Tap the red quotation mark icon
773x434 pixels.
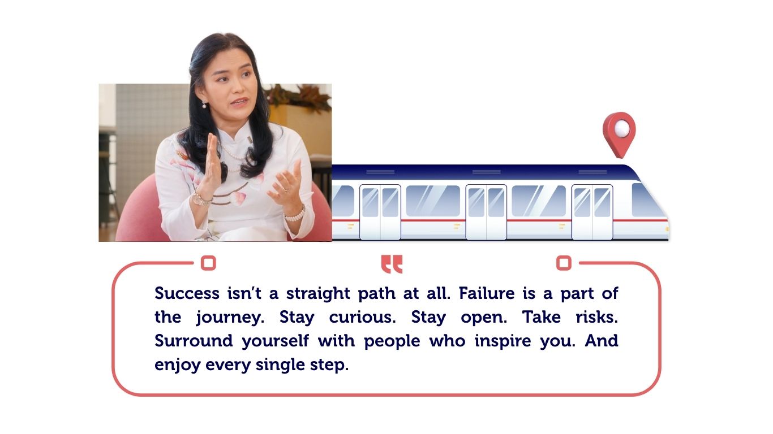coord(392,263)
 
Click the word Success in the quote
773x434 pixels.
coord(187,294)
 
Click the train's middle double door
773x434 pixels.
coord(486,211)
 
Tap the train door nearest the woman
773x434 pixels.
coord(380,211)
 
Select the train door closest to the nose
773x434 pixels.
coord(592,211)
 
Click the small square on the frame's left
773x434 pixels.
coord(209,263)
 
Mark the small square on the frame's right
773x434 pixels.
coord(564,263)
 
